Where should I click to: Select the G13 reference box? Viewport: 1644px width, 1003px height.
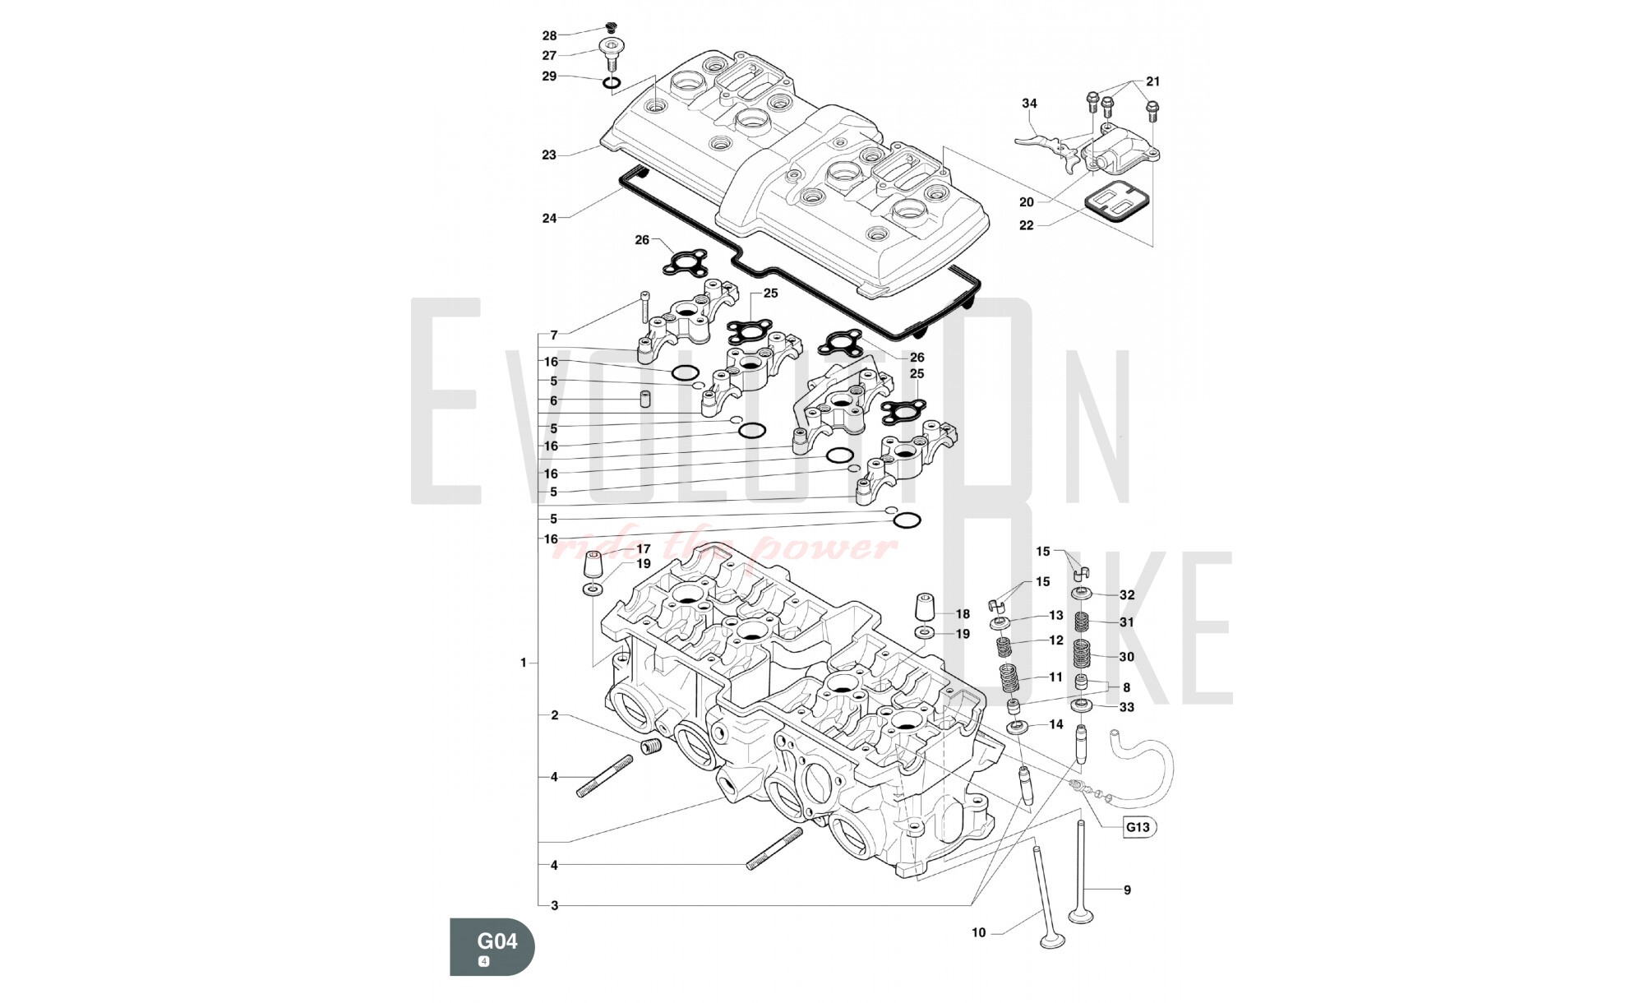click(1138, 827)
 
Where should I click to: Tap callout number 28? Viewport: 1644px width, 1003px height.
click(549, 35)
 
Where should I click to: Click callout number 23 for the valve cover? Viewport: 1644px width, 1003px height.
click(549, 155)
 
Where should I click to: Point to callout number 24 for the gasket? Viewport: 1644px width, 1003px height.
click(549, 218)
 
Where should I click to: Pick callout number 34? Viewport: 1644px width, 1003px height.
click(1029, 104)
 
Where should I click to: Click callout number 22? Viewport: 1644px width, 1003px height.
click(1026, 225)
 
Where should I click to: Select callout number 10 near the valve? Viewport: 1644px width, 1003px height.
click(978, 932)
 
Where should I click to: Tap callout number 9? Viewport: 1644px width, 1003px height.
click(1127, 890)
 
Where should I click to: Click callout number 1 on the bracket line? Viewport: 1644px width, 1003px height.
click(523, 663)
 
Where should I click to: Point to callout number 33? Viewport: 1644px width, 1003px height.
click(1127, 707)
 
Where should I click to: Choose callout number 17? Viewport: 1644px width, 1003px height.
click(644, 548)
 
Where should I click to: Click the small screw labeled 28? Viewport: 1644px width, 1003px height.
click(610, 27)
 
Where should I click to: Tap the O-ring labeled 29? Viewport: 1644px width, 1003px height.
click(612, 83)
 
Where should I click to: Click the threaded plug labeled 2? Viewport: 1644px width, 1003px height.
click(651, 748)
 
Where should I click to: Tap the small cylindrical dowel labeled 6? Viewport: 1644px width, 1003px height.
click(645, 400)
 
